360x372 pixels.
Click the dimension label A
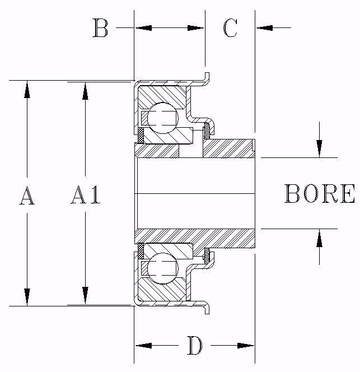pos(27,197)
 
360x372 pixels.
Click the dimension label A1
pos(86,196)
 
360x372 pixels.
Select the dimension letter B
pos(100,28)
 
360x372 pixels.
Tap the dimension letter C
pos(230,28)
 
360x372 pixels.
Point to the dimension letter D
pos(194,346)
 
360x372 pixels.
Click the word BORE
pos(320,194)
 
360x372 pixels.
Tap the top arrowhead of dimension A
pos(27,90)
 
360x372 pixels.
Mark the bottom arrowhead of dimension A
pos(27,296)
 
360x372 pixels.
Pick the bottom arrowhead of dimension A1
pos(85,296)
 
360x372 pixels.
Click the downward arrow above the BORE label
pos(319,148)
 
